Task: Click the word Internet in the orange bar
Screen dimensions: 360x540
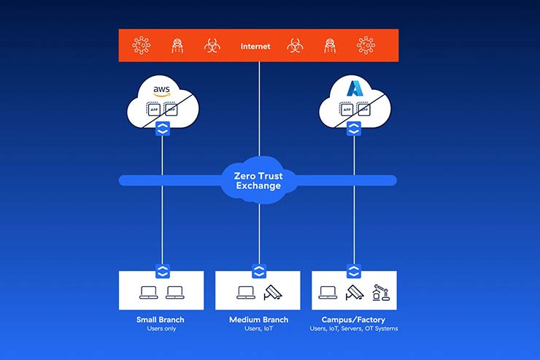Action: pos(255,47)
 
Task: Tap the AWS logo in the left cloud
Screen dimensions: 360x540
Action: pos(161,91)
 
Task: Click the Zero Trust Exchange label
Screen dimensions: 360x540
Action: pos(258,180)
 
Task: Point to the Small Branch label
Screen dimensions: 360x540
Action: pos(161,320)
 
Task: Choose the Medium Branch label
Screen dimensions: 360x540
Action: pos(258,320)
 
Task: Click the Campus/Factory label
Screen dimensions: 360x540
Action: pos(354,320)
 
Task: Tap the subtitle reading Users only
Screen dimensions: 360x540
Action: pos(161,329)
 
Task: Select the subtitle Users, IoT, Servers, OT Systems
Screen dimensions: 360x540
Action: pos(354,329)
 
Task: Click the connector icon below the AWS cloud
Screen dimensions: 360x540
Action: pos(161,129)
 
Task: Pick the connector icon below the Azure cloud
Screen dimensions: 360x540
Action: pos(354,129)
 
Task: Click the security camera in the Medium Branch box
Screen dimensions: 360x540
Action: pos(273,292)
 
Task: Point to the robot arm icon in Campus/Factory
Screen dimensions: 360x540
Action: pos(379,292)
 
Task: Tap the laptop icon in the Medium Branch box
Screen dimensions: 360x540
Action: pos(245,293)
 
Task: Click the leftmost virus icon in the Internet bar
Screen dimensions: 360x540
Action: pos(142,46)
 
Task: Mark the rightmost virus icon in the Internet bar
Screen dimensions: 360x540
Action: pos(366,46)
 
